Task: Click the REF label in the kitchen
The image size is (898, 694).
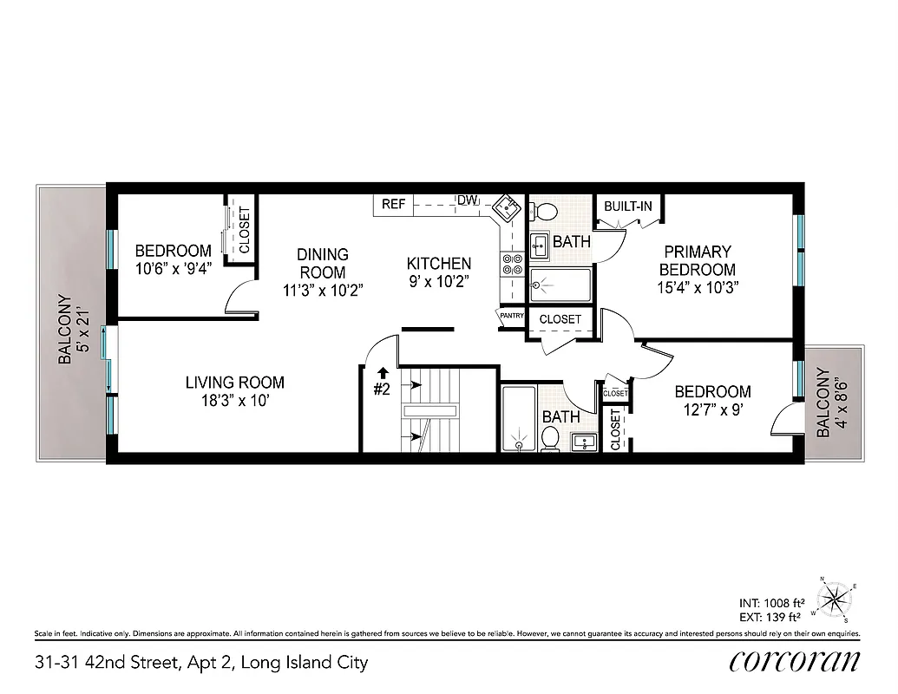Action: point(393,204)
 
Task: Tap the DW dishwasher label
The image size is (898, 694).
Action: point(468,201)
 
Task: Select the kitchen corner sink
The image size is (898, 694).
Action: point(505,207)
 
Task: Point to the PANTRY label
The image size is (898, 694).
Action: point(511,316)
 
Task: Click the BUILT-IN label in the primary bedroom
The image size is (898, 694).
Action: point(627,206)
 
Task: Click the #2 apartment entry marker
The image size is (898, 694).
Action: point(382,390)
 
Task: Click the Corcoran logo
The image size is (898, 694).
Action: point(795,661)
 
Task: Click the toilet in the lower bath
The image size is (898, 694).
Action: point(548,440)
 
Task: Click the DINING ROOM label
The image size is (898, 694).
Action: point(323,263)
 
